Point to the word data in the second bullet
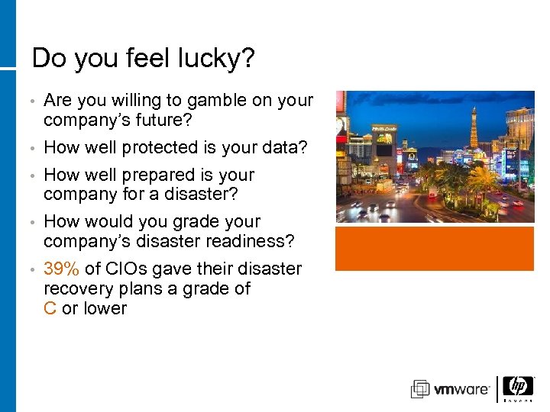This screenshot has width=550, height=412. tap(284, 147)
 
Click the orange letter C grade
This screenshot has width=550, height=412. tap(50, 308)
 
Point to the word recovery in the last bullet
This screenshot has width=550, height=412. tap(76, 288)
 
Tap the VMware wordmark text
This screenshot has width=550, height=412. tap(462, 390)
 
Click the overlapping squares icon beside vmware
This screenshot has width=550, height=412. tap(420, 389)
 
